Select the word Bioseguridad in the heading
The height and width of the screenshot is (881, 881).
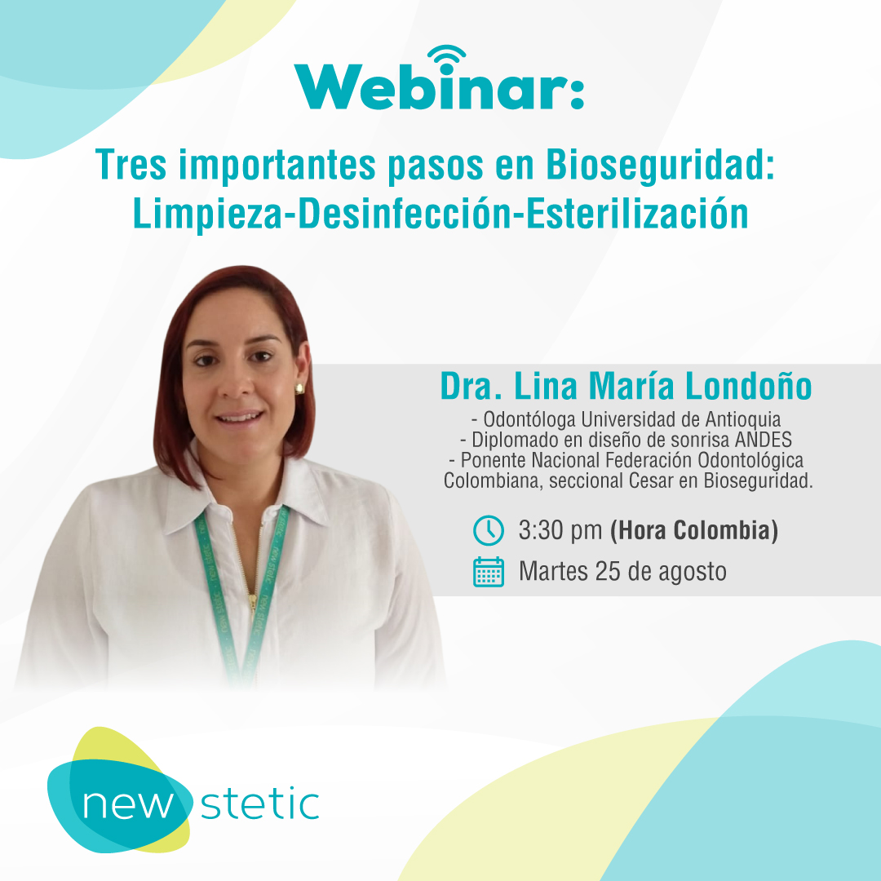(660, 166)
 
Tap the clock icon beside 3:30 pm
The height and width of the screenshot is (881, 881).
(489, 530)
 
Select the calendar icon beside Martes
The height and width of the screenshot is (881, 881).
(489, 572)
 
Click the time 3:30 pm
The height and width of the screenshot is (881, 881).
(560, 531)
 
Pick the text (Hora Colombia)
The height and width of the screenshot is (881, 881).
(694, 531)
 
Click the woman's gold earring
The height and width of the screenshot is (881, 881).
(299, 388)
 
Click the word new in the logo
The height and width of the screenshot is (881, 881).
(128, 804)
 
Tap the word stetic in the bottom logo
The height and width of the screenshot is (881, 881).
(260, 804)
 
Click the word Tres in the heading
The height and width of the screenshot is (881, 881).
(131, 165)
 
